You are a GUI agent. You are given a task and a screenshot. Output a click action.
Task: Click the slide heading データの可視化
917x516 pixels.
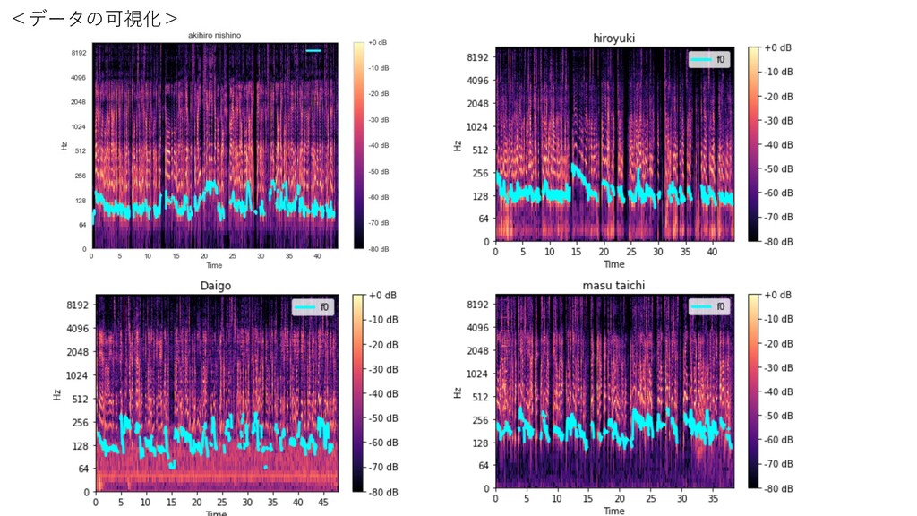(x=95, y=17)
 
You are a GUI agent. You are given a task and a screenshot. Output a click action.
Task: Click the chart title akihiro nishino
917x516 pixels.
(x=214, y=35)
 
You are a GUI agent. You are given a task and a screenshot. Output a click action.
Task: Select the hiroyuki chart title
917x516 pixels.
(x=613, y=38)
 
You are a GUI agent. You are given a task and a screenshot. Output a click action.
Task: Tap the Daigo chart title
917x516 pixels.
(x=215, y=285)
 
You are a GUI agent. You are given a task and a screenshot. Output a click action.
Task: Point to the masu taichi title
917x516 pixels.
(x=613, y=285)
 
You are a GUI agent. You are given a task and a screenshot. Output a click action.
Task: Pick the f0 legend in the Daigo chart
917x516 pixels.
(x=312, y=307)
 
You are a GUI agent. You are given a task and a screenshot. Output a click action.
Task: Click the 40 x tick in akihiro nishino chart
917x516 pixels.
(x=316, y=256)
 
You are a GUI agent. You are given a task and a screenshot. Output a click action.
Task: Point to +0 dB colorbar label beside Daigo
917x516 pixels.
(x=384, y=296)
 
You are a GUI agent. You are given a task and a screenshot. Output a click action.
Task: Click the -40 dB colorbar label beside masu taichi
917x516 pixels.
(x=780, y=391)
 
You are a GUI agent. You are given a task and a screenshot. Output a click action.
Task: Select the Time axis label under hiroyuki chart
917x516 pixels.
(x=613, y=263)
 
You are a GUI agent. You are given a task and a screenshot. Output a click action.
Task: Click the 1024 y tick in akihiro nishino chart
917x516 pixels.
(x=78, y=126)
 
